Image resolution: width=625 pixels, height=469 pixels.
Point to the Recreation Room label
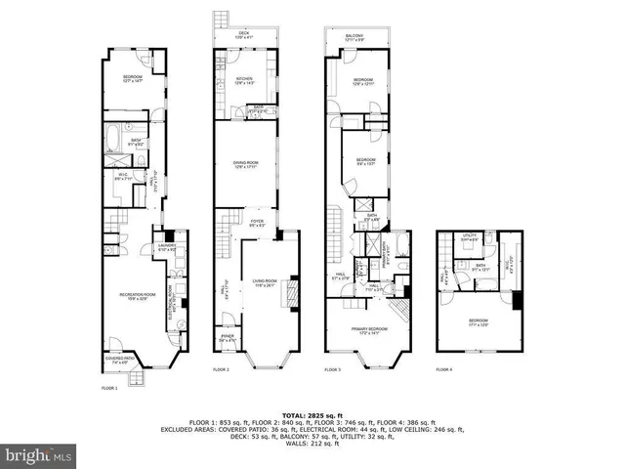[133, 297]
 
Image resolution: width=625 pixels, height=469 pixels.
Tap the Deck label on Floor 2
[244, 35]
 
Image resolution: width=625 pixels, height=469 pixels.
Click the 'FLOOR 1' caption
[108, 389]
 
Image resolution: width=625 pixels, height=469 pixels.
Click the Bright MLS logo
[39, 455]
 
